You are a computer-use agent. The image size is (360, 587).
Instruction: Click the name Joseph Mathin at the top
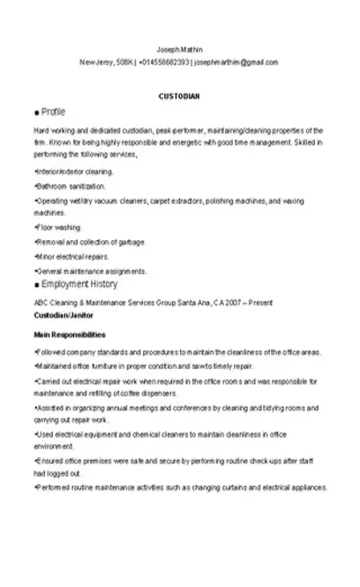tap(179, 49)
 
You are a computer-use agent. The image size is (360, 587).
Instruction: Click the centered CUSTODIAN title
tap(179, 95)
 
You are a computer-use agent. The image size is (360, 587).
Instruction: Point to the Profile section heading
tap(54, 113)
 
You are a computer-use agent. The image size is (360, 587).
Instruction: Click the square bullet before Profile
tap(35, 114)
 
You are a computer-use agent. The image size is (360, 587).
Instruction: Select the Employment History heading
tap(79, 284)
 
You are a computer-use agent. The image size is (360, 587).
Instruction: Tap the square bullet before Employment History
tap(35, 285)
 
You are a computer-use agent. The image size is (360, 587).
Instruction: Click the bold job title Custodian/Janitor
tap(63, 314)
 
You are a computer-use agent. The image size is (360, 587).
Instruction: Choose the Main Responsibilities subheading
tap(70, 335)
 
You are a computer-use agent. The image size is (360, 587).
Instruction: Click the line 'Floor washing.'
tap(58, 228)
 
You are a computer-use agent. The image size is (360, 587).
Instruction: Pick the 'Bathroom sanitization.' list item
tap(71, 186)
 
